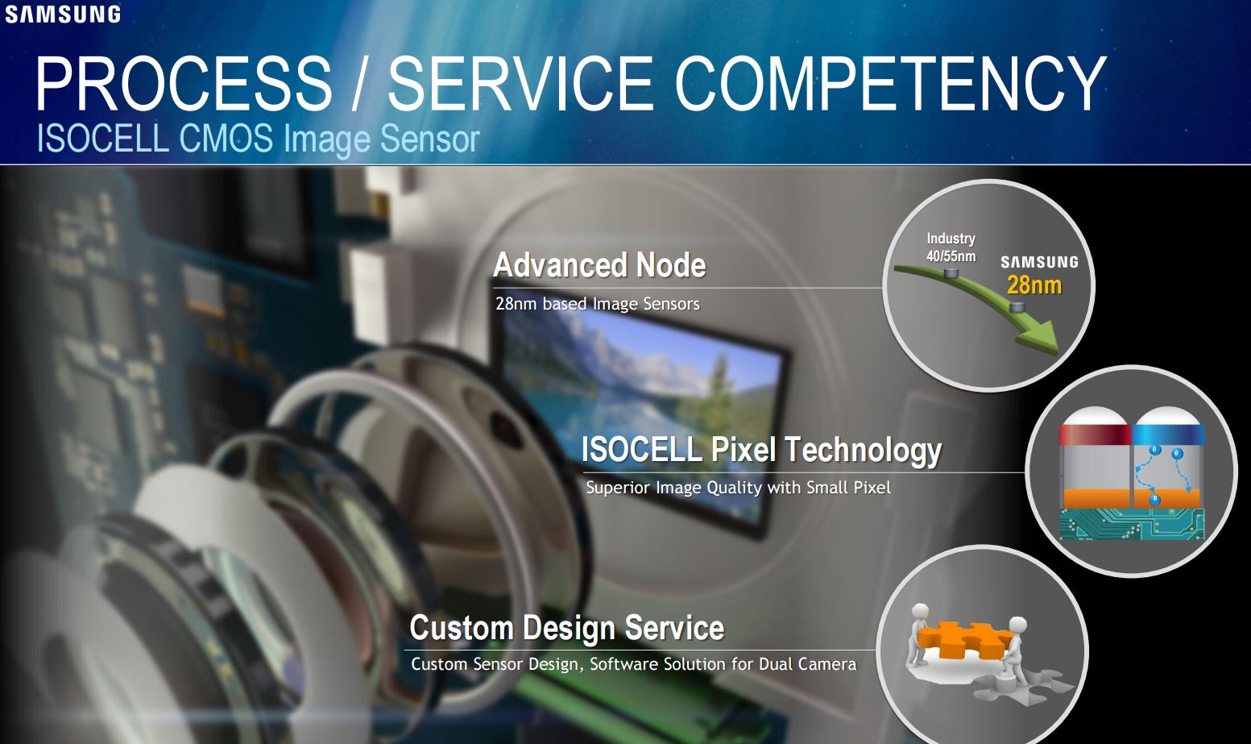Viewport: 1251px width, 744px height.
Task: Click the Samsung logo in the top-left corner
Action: click(x=63, y=14)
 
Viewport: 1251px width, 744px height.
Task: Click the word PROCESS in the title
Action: click(x=184, y=84)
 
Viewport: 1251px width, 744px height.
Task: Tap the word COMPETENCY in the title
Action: click(x=890, y=84)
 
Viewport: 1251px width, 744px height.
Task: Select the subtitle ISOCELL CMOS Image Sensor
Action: click(x=258, y=139)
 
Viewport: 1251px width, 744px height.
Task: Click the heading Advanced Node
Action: click(x=599, y=265)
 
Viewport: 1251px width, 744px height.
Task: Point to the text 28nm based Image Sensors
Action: click(x=597, y=304)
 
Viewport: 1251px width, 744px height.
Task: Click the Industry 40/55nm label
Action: click(x=951, y=247)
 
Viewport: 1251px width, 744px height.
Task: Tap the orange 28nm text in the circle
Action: click(x=1034, y=285)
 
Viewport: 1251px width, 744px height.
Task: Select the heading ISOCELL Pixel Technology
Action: click(x=761, y=450)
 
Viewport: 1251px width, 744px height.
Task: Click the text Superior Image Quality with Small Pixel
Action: click(x=738, y=488)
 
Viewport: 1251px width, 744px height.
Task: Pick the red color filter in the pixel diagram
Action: click(x=1095, y=434)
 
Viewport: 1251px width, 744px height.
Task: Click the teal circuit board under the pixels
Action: click(x=1131, y=524)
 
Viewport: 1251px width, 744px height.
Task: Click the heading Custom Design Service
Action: click(x=566, y=628)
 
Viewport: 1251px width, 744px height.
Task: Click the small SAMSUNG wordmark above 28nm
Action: click(x=1039, y=262)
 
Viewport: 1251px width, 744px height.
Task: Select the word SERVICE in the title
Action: click(x=520, y=84)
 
